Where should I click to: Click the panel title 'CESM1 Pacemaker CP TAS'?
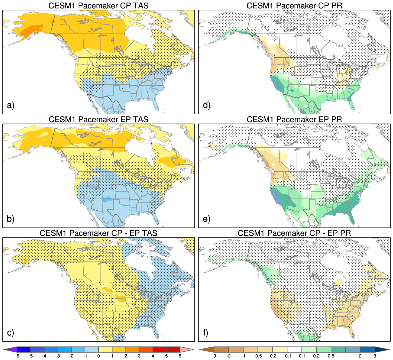(98, 6)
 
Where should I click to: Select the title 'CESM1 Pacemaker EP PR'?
(294, 119)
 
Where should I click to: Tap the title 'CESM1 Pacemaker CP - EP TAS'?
(98, 233)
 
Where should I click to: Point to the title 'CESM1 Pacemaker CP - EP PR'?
(294, 233)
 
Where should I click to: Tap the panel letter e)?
(207, 219)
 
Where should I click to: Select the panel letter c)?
(10, 332)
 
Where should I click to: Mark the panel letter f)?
(206, 332)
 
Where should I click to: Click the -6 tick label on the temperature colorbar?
(17, 356)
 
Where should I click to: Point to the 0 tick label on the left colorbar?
(99, 356)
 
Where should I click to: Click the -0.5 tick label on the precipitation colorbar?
(258, 356)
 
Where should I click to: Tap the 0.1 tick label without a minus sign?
(302, 356)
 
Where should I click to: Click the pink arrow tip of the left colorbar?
(186, 350)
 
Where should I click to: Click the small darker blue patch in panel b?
(107, 199)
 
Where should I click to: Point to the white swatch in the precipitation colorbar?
(294, 350)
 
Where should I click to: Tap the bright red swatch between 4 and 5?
(160, 350)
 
